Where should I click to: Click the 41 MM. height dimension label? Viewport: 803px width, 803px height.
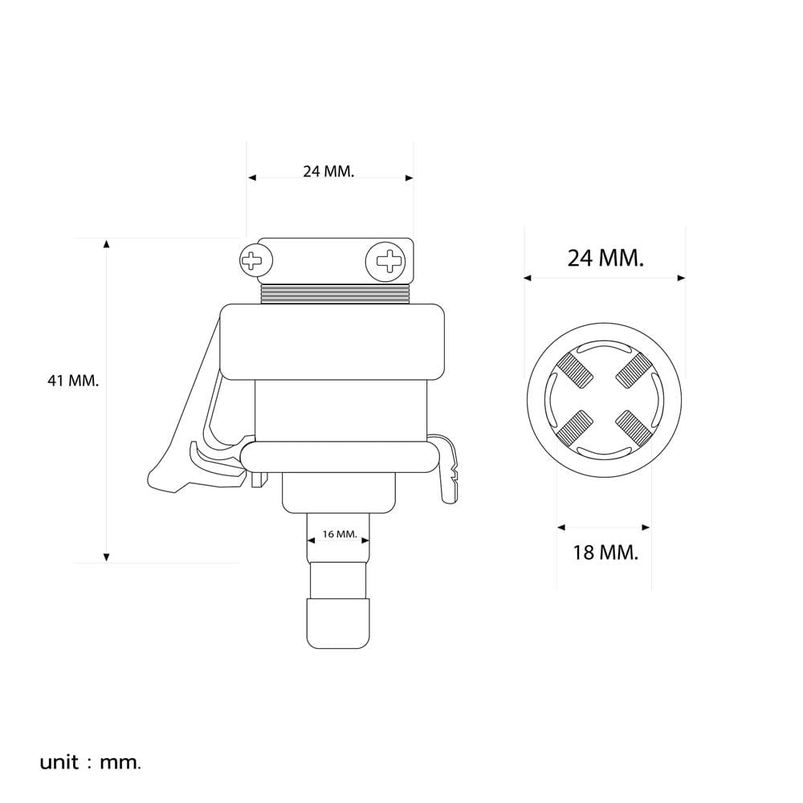(73, 381)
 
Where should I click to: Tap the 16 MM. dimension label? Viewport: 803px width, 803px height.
(340, 534)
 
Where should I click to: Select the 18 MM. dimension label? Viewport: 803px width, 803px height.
(605, 552)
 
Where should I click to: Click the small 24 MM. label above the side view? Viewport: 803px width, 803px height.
(328, 172)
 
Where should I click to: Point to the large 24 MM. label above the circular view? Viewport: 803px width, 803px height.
(605, 258)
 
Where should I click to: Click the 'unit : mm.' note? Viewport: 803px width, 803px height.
(90, 763)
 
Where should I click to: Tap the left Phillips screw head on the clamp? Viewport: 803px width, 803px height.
(256, 261)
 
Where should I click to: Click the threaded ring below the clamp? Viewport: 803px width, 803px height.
(336, 294)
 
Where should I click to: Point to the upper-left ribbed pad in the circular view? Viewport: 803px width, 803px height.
(575, 370)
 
